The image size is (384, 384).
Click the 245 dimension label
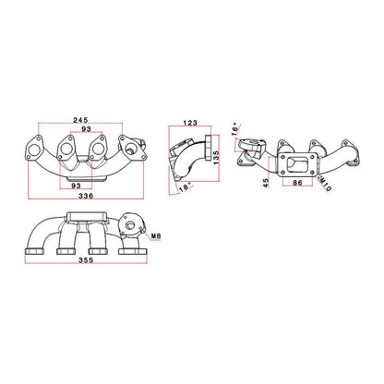click(80, 120)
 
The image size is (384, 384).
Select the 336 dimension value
click(86, 196)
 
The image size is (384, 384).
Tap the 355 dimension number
click(86, 260)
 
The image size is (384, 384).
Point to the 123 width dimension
click(190, 123)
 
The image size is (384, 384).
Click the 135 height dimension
click(216, 157)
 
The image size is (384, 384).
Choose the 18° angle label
click(185, 186)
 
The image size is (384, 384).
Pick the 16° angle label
click(235, 129)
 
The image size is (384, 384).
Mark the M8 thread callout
click(156, 236)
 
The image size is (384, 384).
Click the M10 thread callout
click(325, 184)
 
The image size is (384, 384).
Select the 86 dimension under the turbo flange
click(297, 183)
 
